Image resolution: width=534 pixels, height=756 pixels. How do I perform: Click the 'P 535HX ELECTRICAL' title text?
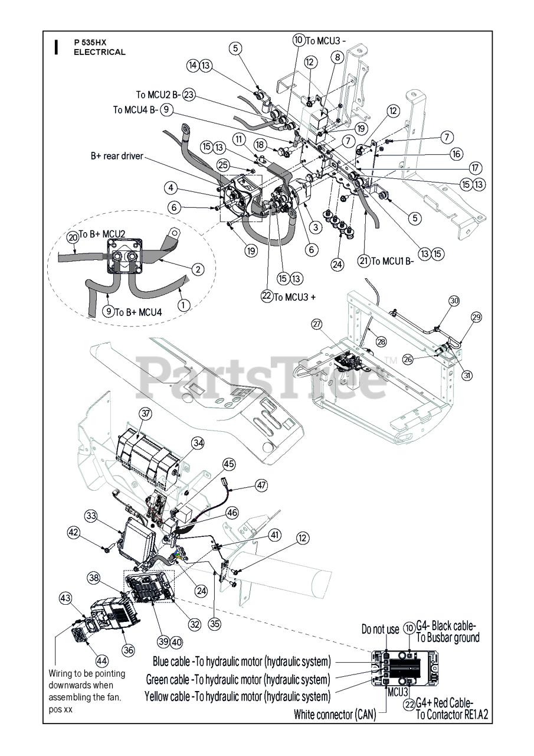[x=99, y=47]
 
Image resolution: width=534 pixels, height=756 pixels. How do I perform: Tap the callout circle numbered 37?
[x=145, y=413]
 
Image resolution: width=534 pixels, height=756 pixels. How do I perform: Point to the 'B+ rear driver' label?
[x=117, y=156]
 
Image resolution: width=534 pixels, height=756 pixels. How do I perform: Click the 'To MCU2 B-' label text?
[x=158, y=94]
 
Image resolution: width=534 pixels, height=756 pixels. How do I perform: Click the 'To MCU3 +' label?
[x=293, y=296]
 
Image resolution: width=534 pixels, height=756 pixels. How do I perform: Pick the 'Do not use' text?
[x=380, y=629]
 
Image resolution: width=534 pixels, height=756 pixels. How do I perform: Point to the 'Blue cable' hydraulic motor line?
[x=242, y=660]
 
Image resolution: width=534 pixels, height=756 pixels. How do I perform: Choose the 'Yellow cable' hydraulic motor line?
[x=237, y=696]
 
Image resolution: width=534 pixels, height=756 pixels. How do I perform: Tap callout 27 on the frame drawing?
[x=317, y=324]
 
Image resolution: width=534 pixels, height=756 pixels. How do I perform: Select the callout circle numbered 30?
[x=454, y=300]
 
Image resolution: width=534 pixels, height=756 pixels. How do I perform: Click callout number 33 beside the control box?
[x=91, y=516]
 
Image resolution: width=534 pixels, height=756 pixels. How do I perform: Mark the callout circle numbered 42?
[x=73, y=532]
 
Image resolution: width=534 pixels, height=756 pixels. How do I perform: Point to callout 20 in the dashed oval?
[x=73, y=237]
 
